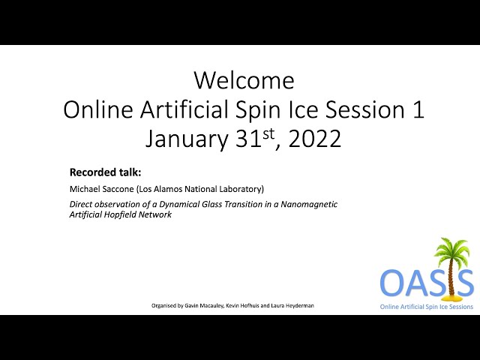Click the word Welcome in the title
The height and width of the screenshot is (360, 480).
(x=244, y=80)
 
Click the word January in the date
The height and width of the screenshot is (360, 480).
(x=187, y=139)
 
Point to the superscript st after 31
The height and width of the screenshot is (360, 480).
(x=268, y=134)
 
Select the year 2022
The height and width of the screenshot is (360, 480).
(x=314, y=139)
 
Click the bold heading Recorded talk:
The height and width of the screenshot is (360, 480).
(x=105, y=172)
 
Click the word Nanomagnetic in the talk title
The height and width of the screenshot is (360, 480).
(x=309, y=204)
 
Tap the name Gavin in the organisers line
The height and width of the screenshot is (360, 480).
(x=191, y=305)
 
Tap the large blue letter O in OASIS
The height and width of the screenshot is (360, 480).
(x=391, y=282)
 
